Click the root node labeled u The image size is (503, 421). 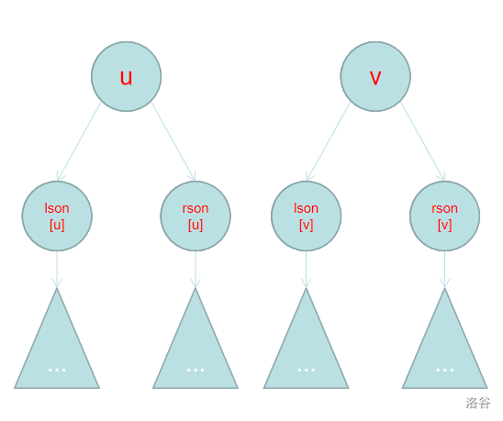click(127, 77)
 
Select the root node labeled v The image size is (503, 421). click(375, 77)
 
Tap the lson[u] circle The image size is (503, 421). click(57, 216)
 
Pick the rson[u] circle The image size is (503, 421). click(196, 216)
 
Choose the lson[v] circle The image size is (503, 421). click(306, 216)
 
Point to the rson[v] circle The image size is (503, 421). click(444, 216)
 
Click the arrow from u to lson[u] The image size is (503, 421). click(79, 141)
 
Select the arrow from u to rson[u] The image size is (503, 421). click(173, 141)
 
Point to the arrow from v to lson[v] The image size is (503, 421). click(328, 141)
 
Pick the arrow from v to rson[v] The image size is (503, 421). click(423, 141)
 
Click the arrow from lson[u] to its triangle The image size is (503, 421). click(57, 270)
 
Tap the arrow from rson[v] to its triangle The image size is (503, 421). click(444, 270)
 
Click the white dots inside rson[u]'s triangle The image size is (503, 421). click(196, 370)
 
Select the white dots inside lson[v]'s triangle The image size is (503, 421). click(307, 370)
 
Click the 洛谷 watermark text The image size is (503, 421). click(478, 403)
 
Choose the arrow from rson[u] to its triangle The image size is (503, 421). click(196, 270)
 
